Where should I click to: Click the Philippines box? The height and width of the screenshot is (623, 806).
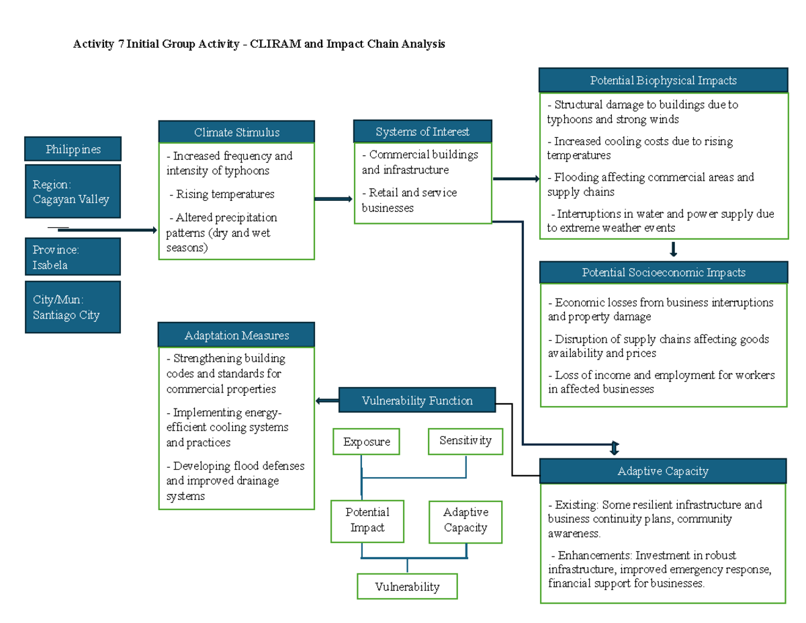pos(73,149)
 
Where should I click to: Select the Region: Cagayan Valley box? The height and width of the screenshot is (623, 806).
pos(73,192)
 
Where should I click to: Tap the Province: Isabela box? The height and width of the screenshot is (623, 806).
pos(73,257)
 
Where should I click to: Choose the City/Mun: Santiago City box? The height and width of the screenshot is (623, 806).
pos(73,307)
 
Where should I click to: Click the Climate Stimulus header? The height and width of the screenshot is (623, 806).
pos(236,132)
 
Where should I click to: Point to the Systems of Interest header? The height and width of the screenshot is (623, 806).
pos(422,131)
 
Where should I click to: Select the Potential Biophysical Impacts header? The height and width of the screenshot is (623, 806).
pos(663,80)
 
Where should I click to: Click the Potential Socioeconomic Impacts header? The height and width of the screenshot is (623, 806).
pos(663,272)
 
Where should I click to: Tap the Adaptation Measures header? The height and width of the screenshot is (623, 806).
pos(236,335)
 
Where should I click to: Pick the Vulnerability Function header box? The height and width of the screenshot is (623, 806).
pos(417,400)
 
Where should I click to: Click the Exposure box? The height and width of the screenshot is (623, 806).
pos(366,442)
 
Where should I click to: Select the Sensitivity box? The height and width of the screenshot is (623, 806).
pos(465,440)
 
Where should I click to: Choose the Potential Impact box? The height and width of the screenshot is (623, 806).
pos(367,520)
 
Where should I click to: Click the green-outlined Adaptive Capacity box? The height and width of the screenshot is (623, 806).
pos(465,520)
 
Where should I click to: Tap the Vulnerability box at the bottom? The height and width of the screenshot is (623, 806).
pos(407,586)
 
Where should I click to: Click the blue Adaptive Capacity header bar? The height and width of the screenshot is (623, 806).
pos(663,471)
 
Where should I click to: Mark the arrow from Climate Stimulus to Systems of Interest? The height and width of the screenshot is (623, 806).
pos(333,199)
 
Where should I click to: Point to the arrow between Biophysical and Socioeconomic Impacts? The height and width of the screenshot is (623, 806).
pos(673,250)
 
